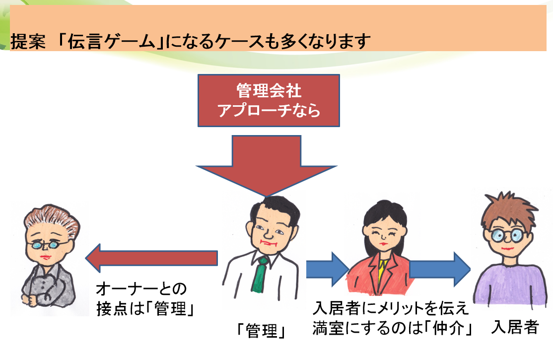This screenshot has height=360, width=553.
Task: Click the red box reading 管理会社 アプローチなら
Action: pos(269,101)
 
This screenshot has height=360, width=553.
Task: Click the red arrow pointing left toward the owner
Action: pos(151,258)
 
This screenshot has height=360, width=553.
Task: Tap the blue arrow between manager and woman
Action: pos(328,269)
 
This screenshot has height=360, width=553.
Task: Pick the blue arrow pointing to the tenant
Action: pos(440,269)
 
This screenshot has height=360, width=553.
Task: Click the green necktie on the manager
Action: pos(260,275)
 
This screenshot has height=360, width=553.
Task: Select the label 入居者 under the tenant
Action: pos(515,327)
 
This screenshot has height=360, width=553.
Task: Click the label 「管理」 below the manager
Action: pos(261,331)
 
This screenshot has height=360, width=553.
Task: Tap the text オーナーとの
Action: pos(141,289)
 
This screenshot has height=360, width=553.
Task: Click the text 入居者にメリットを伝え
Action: pos(391,308)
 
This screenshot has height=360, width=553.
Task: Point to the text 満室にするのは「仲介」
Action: pos(393,328)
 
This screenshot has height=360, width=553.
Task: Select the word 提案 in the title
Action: pos(28,41)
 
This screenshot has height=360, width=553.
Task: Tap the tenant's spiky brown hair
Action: pos(508,209)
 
